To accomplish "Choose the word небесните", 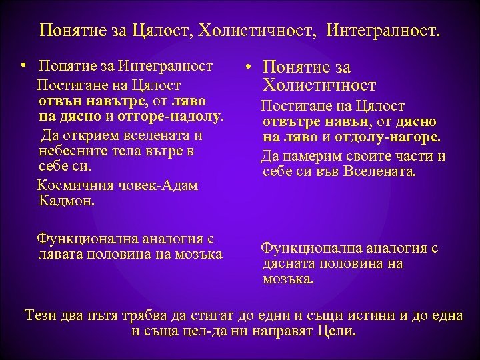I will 71,151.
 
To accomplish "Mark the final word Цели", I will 338,331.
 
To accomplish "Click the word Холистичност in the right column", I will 319,85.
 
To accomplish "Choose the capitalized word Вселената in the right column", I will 382,171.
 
